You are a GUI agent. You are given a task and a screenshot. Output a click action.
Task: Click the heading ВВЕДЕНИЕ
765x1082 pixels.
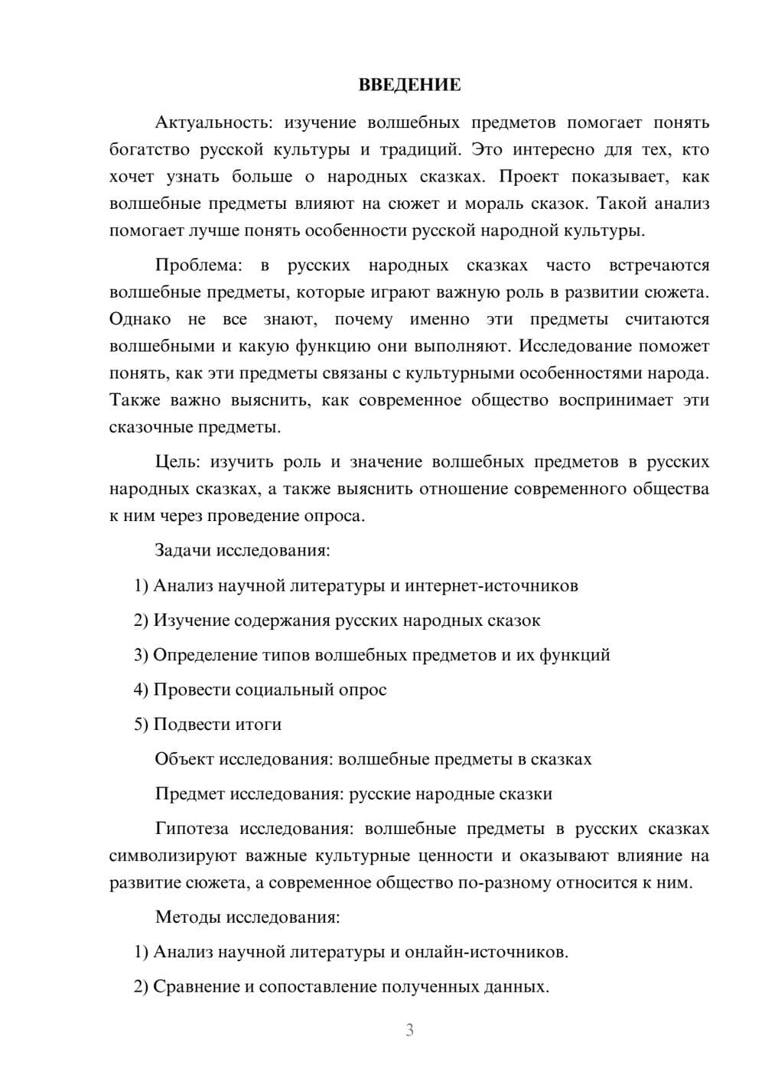click(x=409, y=85)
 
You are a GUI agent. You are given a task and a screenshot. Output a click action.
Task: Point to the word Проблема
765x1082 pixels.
click(x=198, y=266)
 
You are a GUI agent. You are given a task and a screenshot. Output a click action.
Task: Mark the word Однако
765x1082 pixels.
click(x=140, y=319)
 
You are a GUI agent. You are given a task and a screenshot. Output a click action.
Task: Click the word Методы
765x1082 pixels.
click(x=187, y=917)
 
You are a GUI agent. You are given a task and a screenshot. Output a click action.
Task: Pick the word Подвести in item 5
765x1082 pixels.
click(x=189, y=725)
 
